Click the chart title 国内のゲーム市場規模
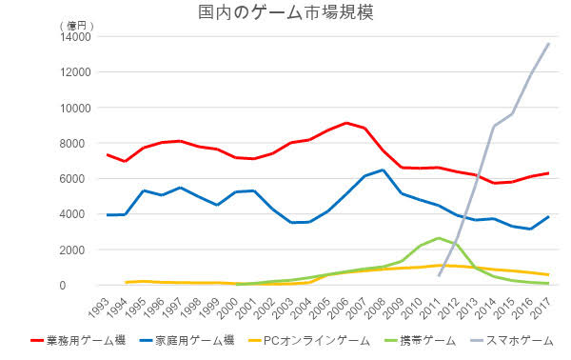[285, 12]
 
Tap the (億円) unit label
[76, 26]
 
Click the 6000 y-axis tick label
[79, 178]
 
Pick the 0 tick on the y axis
[88, 286]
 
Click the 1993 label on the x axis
[99, 309]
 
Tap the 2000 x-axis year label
[228, 309]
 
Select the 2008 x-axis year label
[376, 309]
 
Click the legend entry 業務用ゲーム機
[78, 341]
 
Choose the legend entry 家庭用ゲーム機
[187, 341]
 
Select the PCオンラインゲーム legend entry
[308, 341]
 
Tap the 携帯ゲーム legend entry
[420, 341]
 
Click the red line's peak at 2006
[346, 123]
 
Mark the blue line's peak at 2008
[384, 170]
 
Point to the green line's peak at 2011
[439, 238]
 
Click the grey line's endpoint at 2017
[548, 44]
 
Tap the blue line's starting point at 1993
[108, 215]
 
